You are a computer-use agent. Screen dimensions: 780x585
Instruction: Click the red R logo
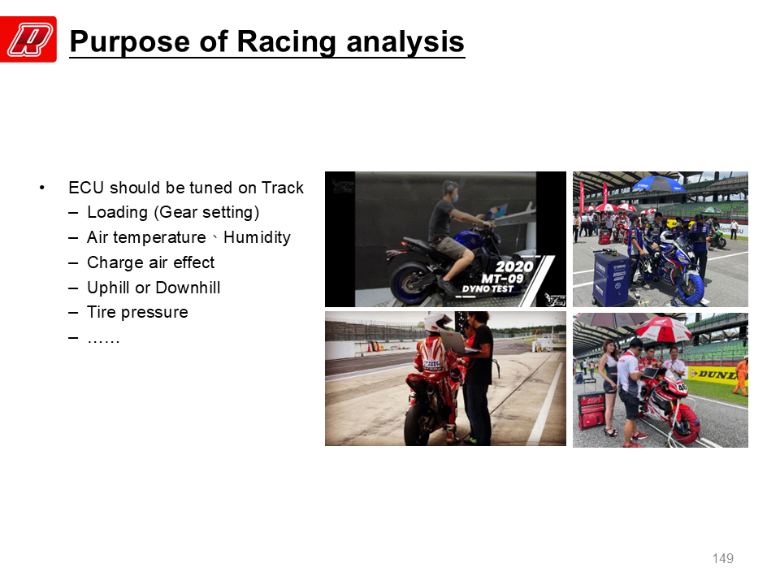tap(28, 39)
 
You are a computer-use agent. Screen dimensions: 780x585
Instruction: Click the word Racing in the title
tap(287, 41)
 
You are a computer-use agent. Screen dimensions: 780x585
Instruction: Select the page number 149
tap(723, 558)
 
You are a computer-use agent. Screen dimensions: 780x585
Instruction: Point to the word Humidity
tap(257, 237)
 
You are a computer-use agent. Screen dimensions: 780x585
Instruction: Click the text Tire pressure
tap(137, 312)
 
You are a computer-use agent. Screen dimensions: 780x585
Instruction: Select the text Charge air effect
tap(151, 262)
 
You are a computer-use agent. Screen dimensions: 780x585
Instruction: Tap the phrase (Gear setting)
tap(206, 212)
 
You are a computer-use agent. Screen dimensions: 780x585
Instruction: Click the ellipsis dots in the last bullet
tap(103, 340)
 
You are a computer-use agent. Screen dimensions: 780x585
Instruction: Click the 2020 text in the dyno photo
tap(513, 266)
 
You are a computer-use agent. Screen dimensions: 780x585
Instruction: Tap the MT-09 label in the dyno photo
tap(502, 278)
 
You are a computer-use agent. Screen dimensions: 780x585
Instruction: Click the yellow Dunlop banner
tap(717, 374)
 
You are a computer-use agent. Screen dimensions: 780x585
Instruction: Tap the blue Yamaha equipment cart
tap(611, 279)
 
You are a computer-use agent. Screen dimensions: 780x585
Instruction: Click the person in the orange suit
tap(741, 376)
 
